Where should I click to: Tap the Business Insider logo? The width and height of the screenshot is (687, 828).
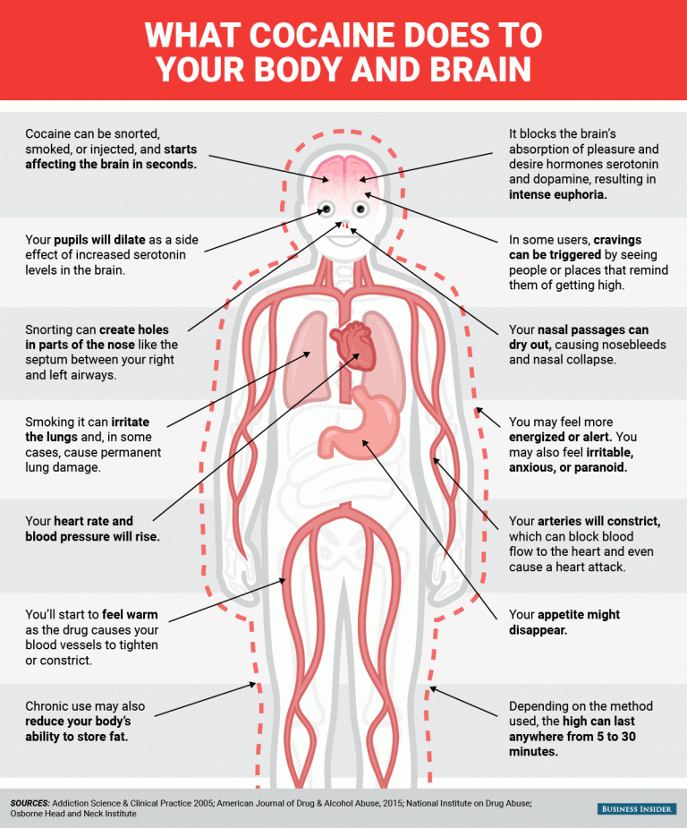point(637,809)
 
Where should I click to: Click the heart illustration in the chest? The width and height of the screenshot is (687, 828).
point(353,346)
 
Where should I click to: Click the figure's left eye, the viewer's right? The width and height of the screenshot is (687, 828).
point(360,209)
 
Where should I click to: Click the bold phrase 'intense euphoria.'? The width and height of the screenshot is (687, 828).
point(557,195)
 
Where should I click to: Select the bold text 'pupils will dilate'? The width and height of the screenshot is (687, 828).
point(99,240)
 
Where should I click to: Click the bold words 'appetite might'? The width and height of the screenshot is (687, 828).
point(578,615)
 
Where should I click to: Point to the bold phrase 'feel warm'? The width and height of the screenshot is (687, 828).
point(130,615)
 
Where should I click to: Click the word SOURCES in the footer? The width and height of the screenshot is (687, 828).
point(30,803)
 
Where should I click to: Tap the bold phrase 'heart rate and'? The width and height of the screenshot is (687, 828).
point(93,521)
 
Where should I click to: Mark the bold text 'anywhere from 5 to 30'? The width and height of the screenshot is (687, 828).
point(572,737)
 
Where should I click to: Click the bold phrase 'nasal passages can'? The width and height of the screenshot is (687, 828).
point(593,330)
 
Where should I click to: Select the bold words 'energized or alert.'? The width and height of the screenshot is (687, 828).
point(560,437)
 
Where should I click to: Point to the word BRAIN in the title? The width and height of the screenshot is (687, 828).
point(480,70)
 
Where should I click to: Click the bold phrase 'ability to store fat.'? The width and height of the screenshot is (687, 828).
point(77,737)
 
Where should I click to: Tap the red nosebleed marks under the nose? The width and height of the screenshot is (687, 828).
point(345,226)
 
